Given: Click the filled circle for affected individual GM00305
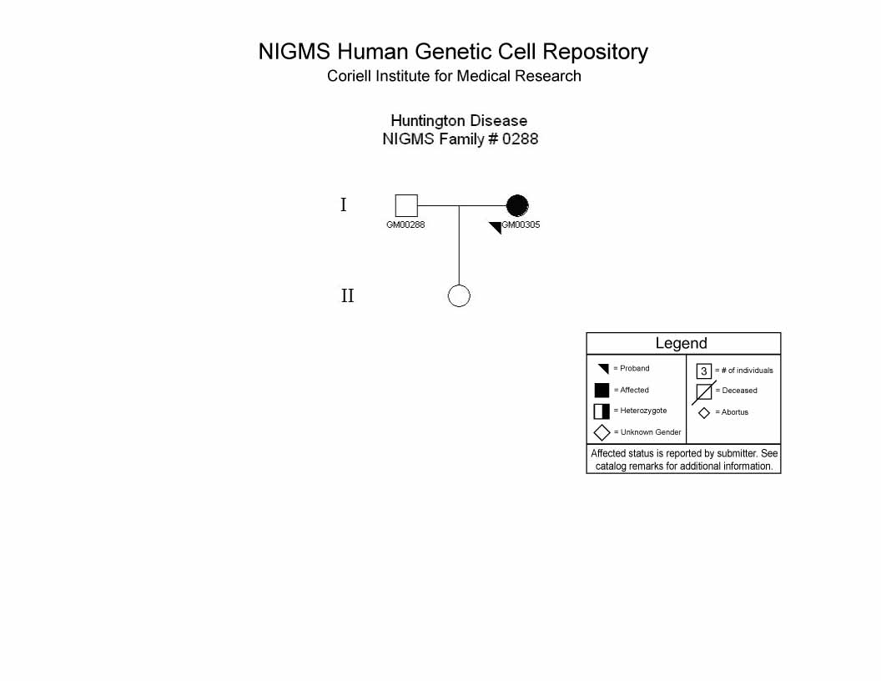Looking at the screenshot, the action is coord(517,205).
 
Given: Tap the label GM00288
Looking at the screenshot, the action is coord(405,224).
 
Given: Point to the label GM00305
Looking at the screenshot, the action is coord(521,224).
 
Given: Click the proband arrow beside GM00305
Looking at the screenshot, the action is coord(496,227).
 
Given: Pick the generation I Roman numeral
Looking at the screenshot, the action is coord(344,204).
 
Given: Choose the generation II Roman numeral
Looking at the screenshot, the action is coord(348,295).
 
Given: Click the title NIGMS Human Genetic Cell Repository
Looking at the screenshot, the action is coord(453,52).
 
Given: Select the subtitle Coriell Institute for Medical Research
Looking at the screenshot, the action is coord(454,76).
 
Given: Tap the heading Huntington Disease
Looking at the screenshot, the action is coord(459,121).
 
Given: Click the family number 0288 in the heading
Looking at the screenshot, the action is coord(521,139).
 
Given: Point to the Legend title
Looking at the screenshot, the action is coord(681,343).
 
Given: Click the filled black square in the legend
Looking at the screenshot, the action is coord(602,390).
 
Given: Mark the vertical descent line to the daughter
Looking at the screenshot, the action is coord(459,245).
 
